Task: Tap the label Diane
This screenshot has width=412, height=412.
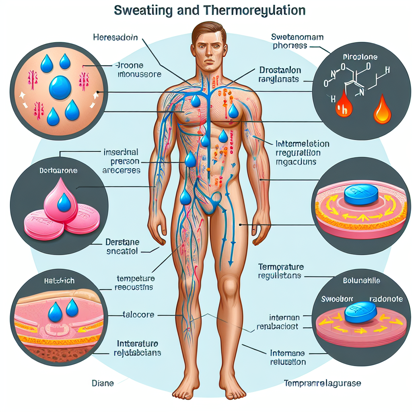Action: [103, 383]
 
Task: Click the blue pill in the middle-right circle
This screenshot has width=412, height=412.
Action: [360, 195]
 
